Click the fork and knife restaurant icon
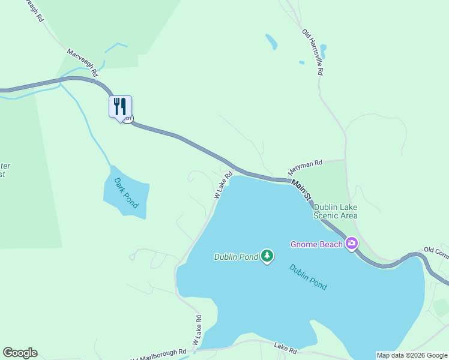pos(120,107)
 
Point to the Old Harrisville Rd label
pos(313,52)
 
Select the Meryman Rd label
pos(305,166)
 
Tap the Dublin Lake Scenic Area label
pos(336,211)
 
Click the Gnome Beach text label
pos(316,244)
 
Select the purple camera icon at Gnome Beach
pos(351,244)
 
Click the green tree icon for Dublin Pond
pos(267,257)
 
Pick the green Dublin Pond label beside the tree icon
pos(236,257)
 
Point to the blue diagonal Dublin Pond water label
pos(308,277)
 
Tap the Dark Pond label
pos(126,193)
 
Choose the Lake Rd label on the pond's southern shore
pos(285,349)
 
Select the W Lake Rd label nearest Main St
pos(223,186)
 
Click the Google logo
pos(20,353)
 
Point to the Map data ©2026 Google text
pos(412,355)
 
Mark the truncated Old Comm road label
pos(436,252)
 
